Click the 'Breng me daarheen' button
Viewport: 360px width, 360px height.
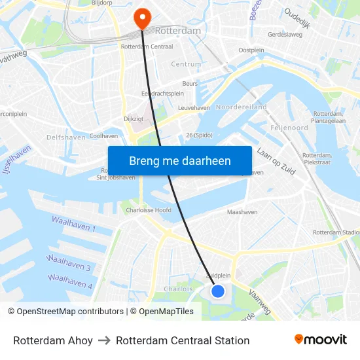pos(180,161)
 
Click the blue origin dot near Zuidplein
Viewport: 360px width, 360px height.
pos(218,291)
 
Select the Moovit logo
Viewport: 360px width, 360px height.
pos(321,340)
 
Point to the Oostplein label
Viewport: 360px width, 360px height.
pos(251,50)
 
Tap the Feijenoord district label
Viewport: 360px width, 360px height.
pos(289,128)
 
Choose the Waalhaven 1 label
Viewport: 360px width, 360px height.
pos(74,225)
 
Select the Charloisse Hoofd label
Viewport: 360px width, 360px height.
pos(149,211)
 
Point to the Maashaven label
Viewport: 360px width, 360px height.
pos(242,212)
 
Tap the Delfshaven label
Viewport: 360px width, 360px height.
pos(65,137)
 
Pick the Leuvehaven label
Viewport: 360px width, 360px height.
pos(194,108)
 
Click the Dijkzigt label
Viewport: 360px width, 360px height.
pos(133,119)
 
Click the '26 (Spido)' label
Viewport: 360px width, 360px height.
pos(200,135)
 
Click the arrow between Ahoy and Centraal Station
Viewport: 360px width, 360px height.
pos(105,340)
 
